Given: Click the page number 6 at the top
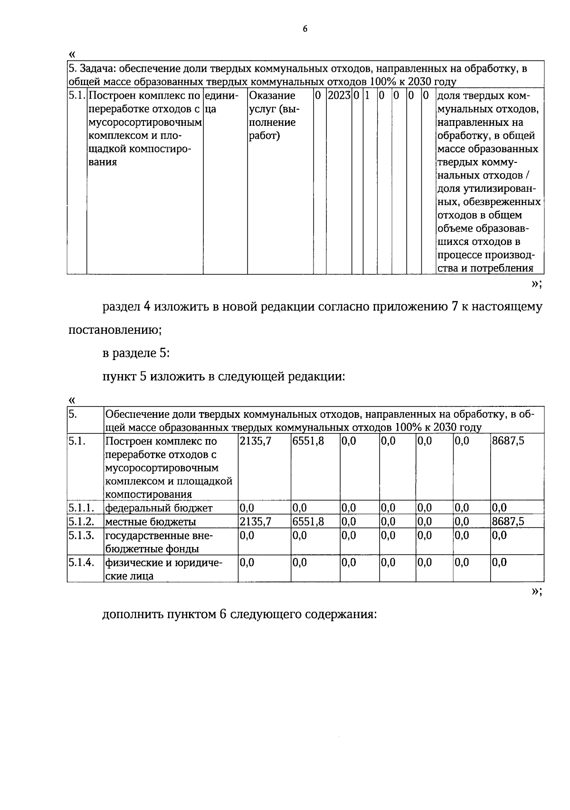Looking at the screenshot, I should click(x=305, y=29).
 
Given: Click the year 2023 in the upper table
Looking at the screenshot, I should click(x=339, y=95).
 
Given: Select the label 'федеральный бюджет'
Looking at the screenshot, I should click(x=159, y=508).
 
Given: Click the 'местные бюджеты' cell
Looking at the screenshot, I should click(x=151, y=522).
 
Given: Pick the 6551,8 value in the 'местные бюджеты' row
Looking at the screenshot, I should click(x=308, y=522).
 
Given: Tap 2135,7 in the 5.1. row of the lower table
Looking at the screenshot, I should click(x=256, y=441).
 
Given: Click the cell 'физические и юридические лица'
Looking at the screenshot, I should click(x=164, y=569).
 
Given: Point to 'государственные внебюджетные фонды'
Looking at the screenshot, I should click(x=159, y=542).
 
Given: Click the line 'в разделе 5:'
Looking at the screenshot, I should click(x=136, y=353).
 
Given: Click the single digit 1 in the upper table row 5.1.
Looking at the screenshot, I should click(x=367, y=95).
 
